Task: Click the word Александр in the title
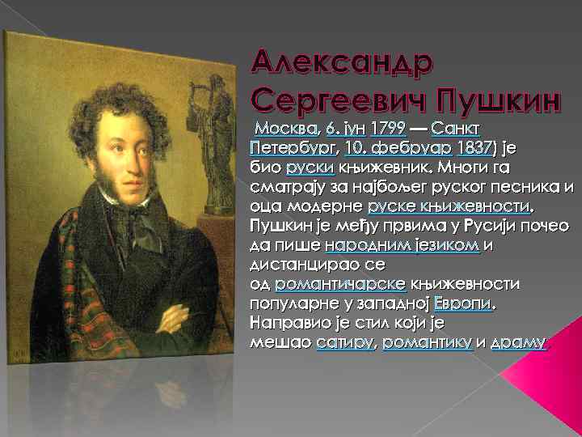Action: (342, 61)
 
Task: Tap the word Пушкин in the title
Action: (504, 100)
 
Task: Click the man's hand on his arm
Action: (175, 312)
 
